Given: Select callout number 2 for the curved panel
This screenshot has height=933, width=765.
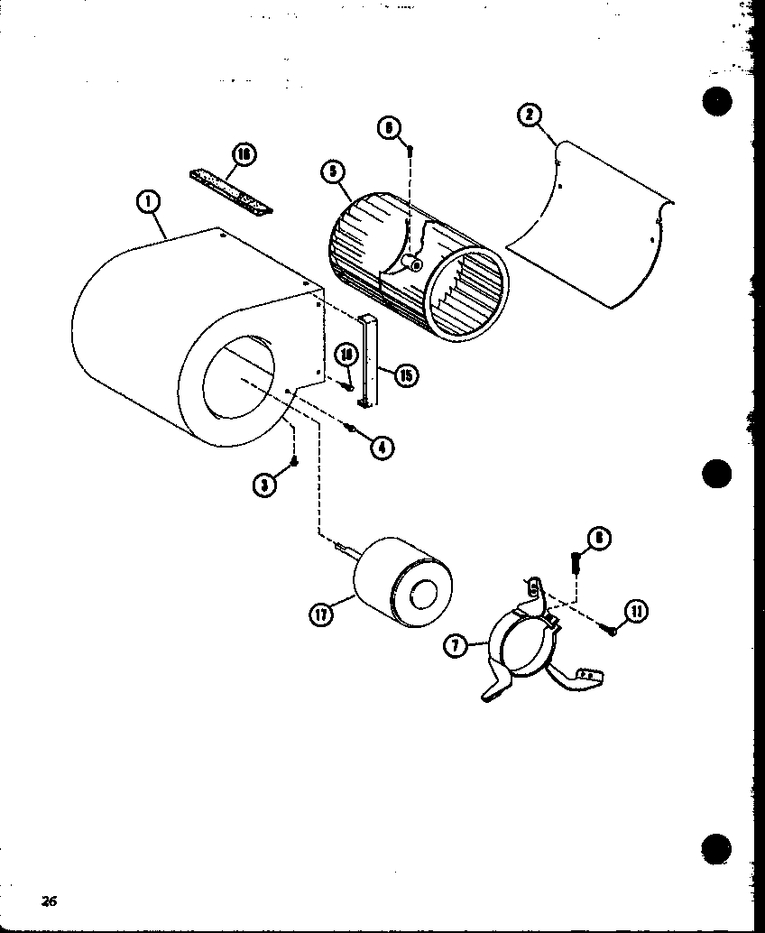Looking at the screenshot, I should [x=530, y=115].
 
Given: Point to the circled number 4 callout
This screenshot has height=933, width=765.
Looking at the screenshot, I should [x=382, y=446].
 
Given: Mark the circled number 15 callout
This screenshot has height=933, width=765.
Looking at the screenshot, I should [x=406, y=374].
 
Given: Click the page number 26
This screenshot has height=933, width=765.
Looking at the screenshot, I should [x=49, y=900].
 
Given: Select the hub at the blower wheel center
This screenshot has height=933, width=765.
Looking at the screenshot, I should [x=413, y=263].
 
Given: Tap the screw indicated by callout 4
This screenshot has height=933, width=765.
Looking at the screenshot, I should [x=353, y=429].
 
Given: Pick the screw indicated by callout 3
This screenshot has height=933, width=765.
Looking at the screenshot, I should [x=293, y=462].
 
